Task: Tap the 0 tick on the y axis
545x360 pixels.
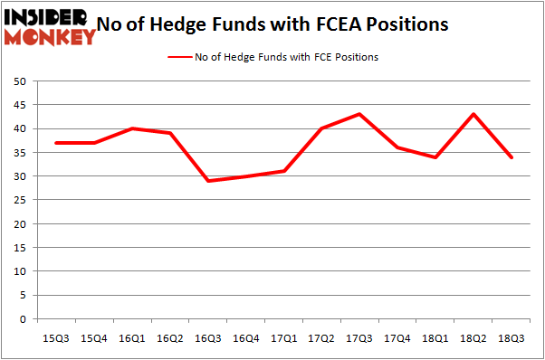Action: (x=21, y=318)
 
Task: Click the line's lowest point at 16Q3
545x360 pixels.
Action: (x=208, y=181)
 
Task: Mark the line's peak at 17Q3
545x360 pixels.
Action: (x=359, y=114)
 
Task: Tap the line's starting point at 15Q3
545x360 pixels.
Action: (x=56, y=143)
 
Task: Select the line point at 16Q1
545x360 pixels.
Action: (x=132, y=128)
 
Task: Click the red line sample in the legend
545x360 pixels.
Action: (x=179, y=57)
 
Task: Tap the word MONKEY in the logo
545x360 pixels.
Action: (x=51, y=37)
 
